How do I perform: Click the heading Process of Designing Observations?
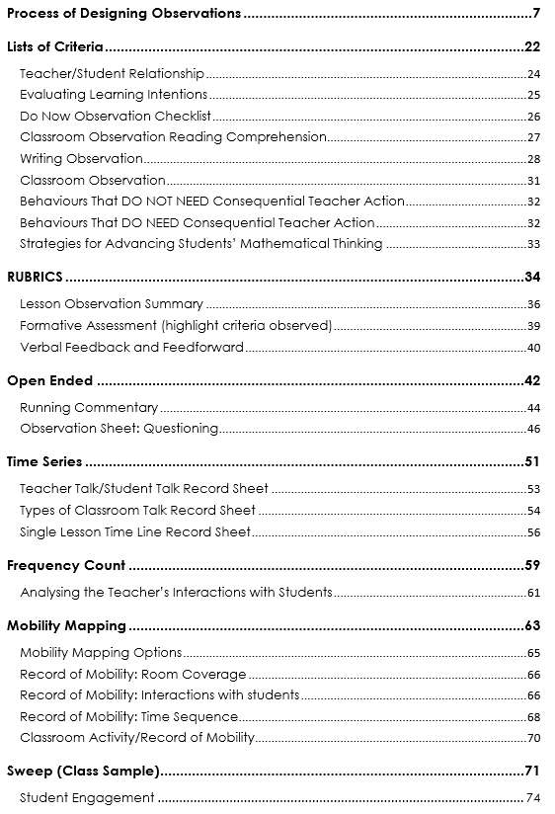click(x=123, y=14)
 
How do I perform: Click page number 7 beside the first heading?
click(x=536, y=14)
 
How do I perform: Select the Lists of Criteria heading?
click(x=56, y=46)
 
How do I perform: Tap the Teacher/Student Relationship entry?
click(x=112, y=73)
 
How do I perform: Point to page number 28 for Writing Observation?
click(x=533, y=159)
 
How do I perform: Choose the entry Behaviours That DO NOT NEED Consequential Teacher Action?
click(x=212, y=201)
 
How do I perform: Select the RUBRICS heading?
click(x=36, y=278)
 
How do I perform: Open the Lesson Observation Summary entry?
click(x=112, y=304)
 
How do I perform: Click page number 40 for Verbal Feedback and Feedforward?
click(x=533, y=347)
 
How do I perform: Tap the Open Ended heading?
click(x=50, y=380)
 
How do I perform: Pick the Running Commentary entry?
click(x=89, y=407)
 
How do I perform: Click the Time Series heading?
click(x=44, y=461)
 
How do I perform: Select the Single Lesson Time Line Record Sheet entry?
click(x=135, y=531)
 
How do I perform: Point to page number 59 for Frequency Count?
click(x=532, y=566)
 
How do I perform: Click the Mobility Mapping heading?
click(x=66, y=625)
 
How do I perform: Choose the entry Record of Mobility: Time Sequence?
click(x=129, y=716)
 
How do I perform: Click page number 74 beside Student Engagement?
click(x=533, y=797)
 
